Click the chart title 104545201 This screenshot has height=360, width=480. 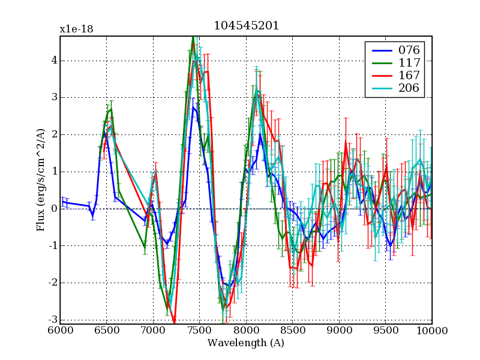[246, 26]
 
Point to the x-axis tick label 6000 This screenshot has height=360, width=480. [60, 330]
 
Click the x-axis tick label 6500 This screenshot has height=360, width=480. [106, 330]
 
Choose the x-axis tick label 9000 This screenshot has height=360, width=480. [339, 330]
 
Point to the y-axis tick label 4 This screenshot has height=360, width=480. [53, 60]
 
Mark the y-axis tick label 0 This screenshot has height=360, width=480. [53, 209]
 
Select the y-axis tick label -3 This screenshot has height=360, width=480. [52, 320]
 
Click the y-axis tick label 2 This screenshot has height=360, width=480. [53, 134]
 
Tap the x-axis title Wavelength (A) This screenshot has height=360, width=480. [246, 343]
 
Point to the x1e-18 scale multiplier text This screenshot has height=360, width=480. [76, 29]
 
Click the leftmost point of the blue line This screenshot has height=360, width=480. [61, 202]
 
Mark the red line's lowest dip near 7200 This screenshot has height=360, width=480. [174, 323]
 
